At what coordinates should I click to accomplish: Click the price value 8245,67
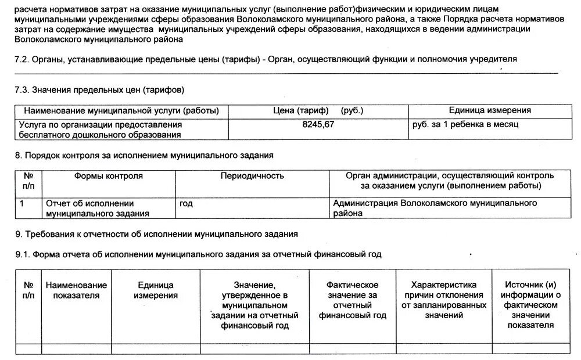(x=318, y=124)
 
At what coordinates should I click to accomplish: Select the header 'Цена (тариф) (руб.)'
(x=318, y=110)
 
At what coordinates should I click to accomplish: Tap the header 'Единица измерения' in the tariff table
(x=489, y=110)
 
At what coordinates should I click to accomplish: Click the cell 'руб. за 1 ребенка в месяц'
(x=465, y=124)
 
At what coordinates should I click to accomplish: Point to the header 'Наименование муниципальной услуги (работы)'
(x=121, y=110)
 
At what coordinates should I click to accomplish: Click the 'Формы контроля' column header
(x=108, y=175)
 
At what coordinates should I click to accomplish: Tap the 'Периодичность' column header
(x=252, y=175)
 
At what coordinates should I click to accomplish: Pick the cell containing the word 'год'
(x=187, y=204)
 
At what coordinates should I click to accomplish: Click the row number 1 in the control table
(x=21, y=204)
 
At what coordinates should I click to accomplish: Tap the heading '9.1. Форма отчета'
(x=198, y=254)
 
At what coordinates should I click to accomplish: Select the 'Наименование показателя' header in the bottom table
(x=76, y=290)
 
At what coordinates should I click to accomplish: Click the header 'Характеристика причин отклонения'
(x=443, y=300)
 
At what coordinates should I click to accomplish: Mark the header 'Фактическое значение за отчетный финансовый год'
(x=352, y=300)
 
